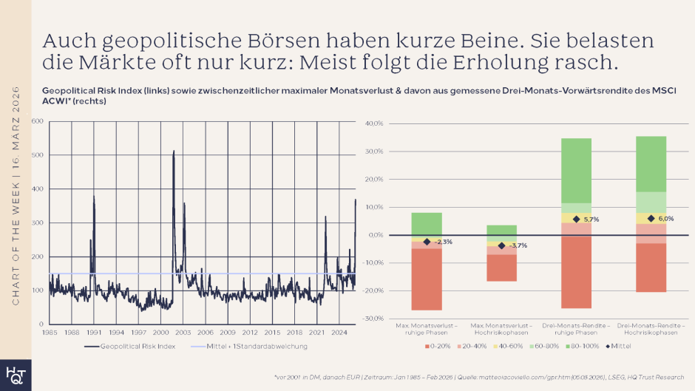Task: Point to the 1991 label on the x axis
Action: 94,333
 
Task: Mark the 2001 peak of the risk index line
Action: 174,152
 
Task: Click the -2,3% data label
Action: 443,242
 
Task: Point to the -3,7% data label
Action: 518,245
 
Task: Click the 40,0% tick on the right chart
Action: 373,124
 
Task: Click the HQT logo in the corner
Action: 15,373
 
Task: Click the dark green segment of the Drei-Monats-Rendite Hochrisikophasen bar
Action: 651,163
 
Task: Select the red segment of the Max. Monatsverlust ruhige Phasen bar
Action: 427,279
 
